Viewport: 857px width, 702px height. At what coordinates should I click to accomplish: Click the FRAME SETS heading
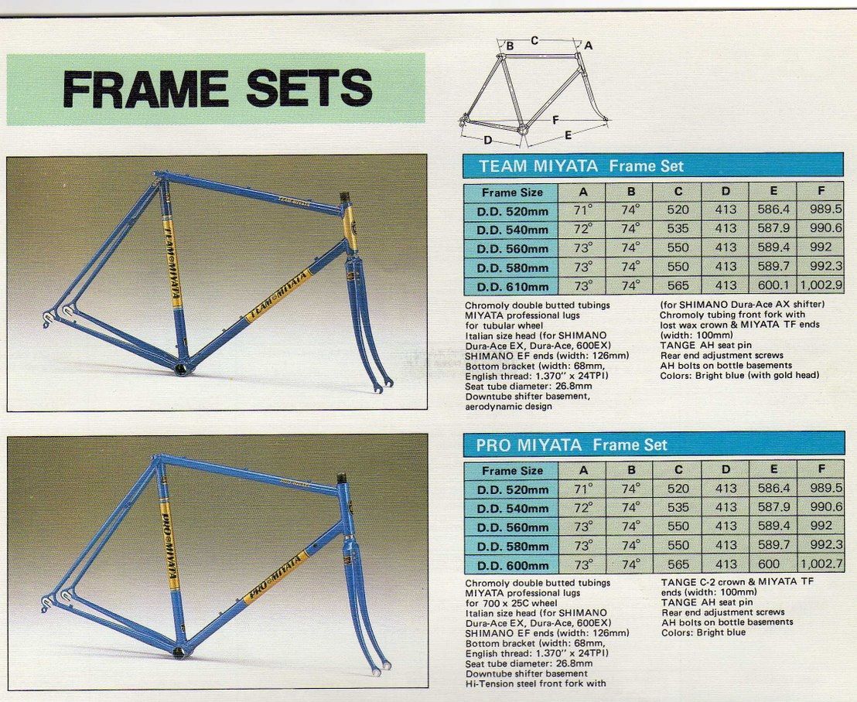(x=217, y=88)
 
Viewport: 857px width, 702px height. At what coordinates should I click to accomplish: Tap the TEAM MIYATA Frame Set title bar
(x=653, y=165)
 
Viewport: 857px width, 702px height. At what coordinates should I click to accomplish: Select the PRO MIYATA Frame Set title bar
(x=654, y=445)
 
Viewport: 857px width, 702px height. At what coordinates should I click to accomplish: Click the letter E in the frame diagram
(x=568, y=135)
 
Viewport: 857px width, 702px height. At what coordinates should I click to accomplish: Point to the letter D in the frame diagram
(x=487, y=141)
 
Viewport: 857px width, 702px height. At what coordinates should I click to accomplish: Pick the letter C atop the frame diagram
(x=534, y=40)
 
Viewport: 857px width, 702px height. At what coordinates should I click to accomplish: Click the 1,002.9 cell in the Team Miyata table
(x=821, y=285)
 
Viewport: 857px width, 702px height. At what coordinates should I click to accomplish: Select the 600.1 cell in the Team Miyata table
(x=773, y=285)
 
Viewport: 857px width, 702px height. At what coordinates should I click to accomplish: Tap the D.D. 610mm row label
(x=512, y=286)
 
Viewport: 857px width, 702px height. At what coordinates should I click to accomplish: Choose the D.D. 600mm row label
(x=513, y=565)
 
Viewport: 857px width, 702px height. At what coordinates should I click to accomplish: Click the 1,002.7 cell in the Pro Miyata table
(x=821, y=564)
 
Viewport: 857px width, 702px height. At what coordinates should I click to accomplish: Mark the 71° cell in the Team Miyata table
(x=582, y=210)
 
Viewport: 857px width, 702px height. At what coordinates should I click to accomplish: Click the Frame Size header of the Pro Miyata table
(x=512, y=470)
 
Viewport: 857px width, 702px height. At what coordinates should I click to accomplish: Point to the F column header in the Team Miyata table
(x=821, y=191)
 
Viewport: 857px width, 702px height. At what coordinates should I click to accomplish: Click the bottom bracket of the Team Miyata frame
(x=183, y=368)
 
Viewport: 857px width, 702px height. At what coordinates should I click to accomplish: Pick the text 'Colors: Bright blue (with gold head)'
(x=739, y=375)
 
